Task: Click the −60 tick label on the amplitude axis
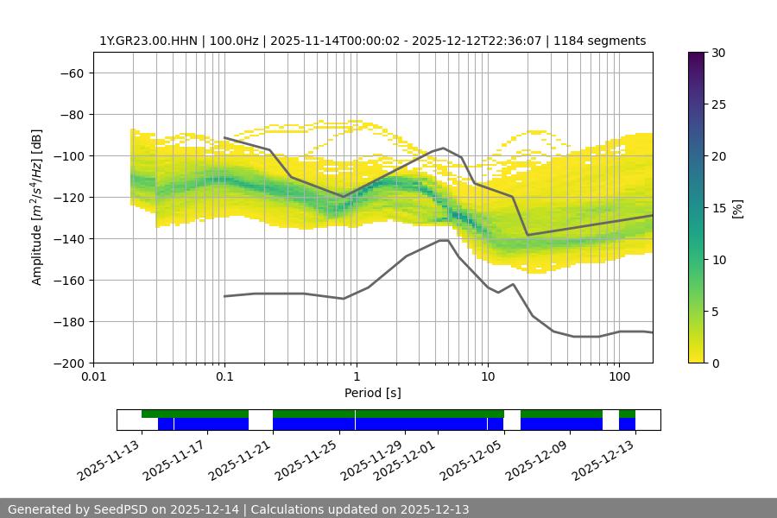(x=71, y=73)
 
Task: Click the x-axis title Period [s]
(x=373, y=394)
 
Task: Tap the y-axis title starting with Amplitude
(x=37, y=207)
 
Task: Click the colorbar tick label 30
(x=717, y=53)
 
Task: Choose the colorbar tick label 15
(x=717, y=208)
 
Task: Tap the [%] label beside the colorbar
(x=738, y=208)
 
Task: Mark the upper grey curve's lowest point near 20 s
(x=527, y=235)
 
